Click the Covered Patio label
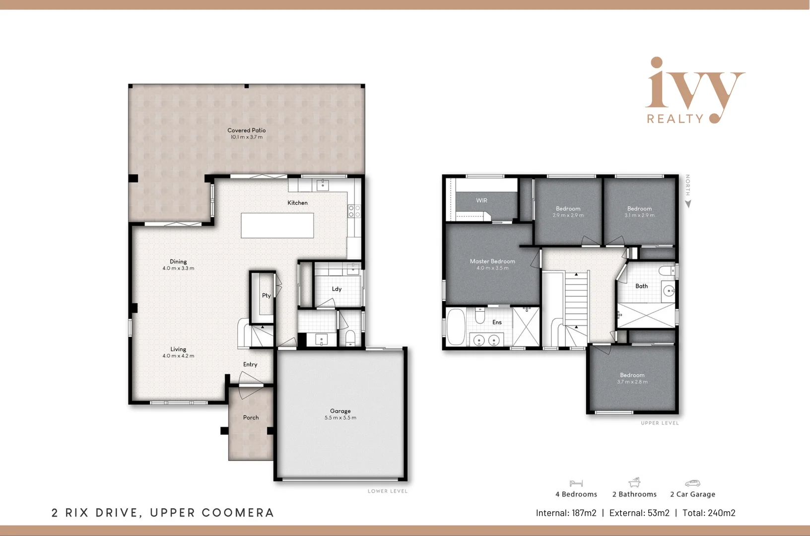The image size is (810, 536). point(246,130)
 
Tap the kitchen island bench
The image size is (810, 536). point(277,225)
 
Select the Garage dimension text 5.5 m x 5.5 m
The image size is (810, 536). point(340,418)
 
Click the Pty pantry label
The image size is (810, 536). point(267,295)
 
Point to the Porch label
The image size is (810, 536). point(251,417)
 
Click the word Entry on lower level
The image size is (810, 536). point(250,364)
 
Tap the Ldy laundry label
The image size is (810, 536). point(337,289)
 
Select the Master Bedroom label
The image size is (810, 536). point(492,261)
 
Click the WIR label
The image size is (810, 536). point(481,201)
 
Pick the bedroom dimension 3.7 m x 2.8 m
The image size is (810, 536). point(632,382)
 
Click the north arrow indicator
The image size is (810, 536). point(688,203)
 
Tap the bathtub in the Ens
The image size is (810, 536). point(456,327)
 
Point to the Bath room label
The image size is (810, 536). point(641,286)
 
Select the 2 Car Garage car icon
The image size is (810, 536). point(692,483)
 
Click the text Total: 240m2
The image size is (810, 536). point(709,513)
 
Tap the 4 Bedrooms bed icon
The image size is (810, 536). point(576,483)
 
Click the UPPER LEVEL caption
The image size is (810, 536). point(660,423)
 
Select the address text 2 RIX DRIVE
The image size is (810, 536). point(94,513)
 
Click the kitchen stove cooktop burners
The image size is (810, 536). point(354,211)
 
